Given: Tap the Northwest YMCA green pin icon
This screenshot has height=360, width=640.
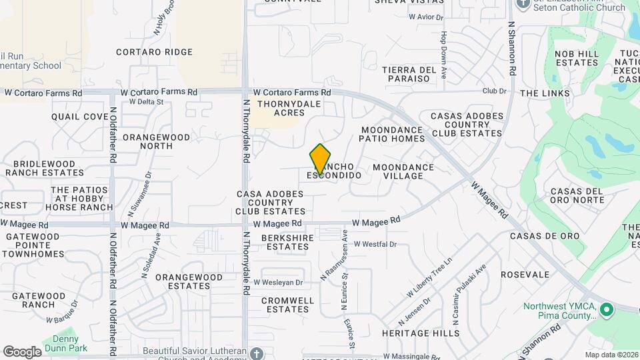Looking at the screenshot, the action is coord(606,310).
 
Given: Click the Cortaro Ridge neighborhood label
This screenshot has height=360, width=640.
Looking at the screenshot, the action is coord(154,52).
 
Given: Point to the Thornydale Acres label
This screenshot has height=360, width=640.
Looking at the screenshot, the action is coord(289,108).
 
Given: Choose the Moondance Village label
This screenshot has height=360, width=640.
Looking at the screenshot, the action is coord(403,171).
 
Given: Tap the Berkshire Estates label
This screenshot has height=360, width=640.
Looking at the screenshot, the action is coord(285,242).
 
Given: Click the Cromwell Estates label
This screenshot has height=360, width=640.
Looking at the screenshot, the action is coord(287,305).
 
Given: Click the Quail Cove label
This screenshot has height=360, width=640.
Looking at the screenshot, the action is coord(80,117).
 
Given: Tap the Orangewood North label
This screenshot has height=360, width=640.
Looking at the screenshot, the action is coord(156,141).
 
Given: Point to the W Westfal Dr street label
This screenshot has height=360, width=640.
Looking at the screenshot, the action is coord(375,245).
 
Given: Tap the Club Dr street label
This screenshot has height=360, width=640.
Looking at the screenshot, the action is coord(494,91).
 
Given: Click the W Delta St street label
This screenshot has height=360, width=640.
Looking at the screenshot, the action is coord(146,102).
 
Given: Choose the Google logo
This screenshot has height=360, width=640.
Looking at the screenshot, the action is coord(22,351).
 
